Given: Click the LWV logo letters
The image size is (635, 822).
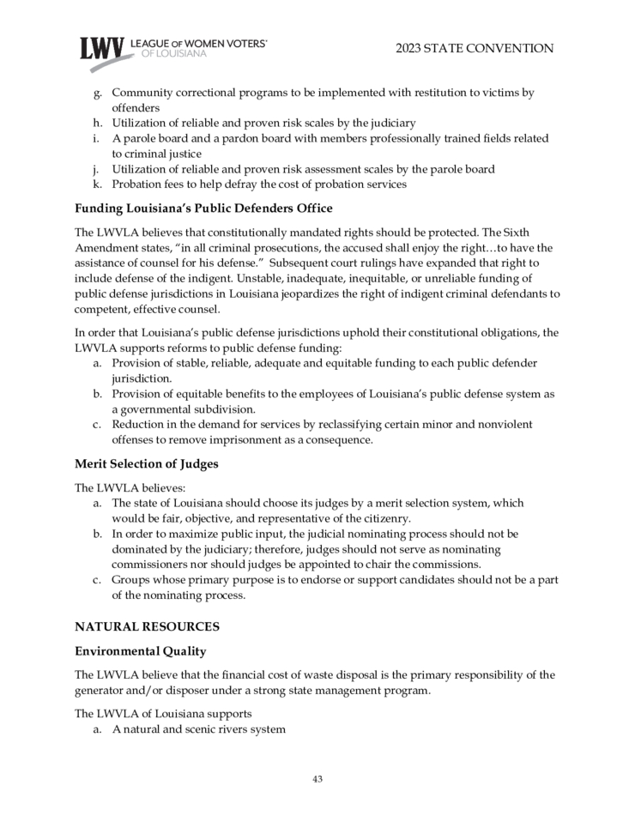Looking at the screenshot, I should point(101,49).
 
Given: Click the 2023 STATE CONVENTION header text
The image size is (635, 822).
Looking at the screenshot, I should point(475,49).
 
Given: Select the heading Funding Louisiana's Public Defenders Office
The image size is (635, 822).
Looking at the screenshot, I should point(203,209).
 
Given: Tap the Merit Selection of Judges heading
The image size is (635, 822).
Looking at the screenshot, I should point(146,464).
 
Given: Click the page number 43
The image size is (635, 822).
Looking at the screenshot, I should point(317,779).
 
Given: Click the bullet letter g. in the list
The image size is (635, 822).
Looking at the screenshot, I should point(98,93).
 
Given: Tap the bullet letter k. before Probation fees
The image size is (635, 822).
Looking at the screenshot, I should point(98,184).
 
